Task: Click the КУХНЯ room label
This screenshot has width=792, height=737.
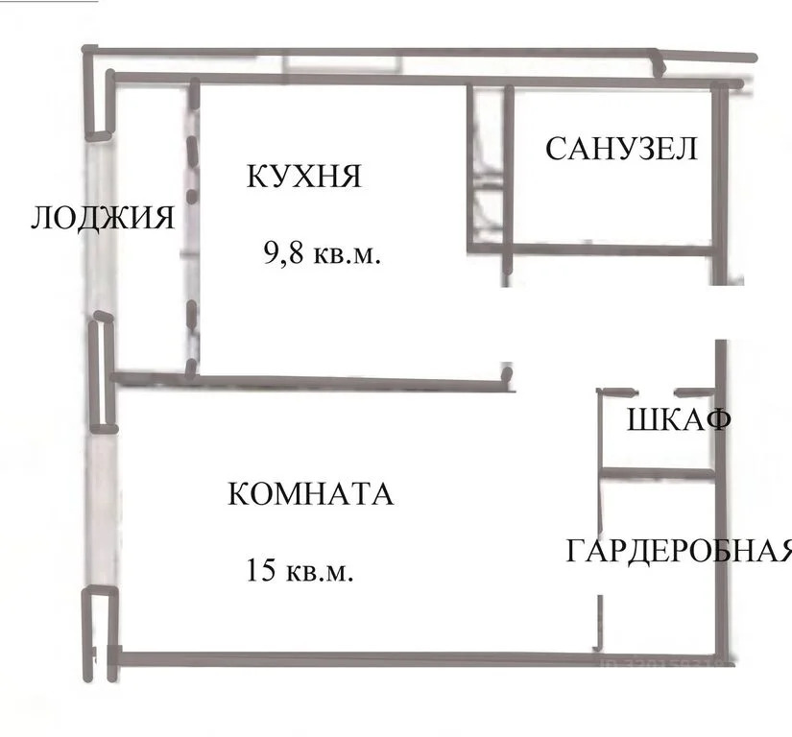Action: (x=304, y=177)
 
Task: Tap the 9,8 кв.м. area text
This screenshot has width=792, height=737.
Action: (x=322, y=252)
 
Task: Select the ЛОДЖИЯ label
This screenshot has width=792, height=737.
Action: (x=103, y=218)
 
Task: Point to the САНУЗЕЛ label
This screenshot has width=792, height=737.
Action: (x=621, y=149)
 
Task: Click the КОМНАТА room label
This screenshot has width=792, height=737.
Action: (x=310, y=493)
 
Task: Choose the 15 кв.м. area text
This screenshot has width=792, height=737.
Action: (x=300, y=570)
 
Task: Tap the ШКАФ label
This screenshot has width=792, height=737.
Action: (x=679, y=419)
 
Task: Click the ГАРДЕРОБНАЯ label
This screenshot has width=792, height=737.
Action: (x=679, y=550)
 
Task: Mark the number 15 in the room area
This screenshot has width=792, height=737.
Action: (x=260, y=570)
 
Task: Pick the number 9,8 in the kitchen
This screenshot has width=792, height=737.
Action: (x=283, y=251)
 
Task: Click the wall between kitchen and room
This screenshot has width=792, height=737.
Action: (x=313, y=382)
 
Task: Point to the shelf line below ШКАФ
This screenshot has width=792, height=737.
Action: (x=657, y=473)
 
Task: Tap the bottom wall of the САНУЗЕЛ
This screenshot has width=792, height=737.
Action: (x=612, y=250)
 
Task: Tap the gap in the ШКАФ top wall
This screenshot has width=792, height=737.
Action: (x=654, y=392)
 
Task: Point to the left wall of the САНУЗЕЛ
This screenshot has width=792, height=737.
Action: (x=508, y=180)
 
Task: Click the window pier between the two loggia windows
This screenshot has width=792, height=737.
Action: (x=103, y=373)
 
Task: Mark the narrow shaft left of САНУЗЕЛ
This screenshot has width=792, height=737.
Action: (x=487, y=167)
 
